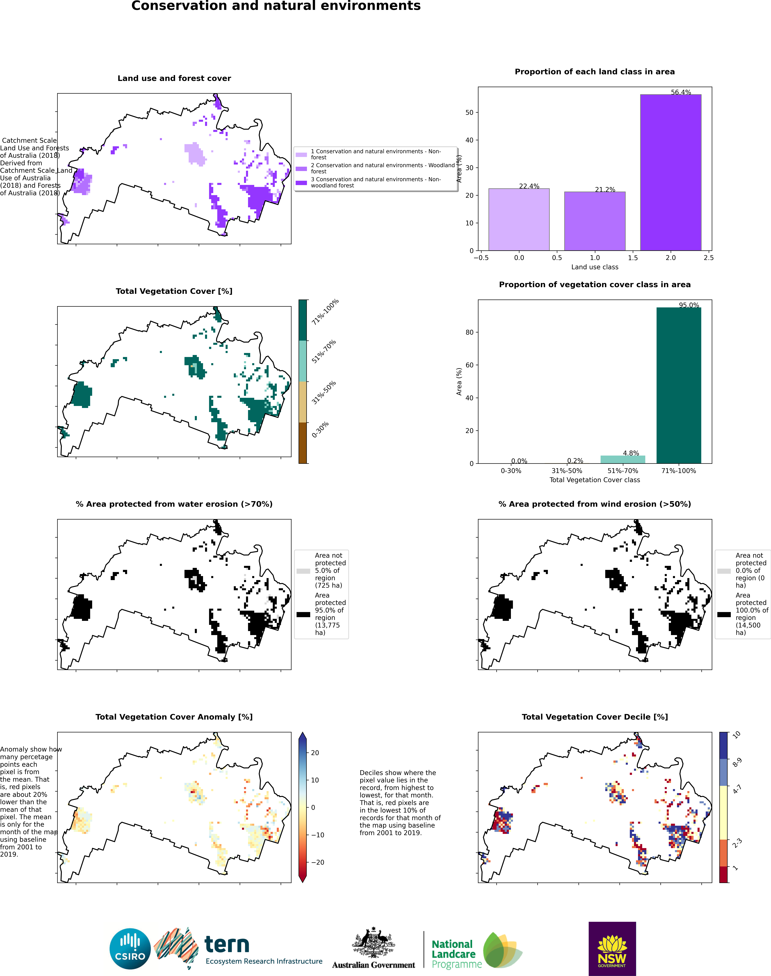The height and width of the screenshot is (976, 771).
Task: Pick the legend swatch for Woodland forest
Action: point(301,169)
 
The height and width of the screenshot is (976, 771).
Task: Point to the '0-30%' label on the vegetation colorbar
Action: point(320,430)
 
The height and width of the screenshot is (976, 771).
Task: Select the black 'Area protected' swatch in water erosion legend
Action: point(303,614)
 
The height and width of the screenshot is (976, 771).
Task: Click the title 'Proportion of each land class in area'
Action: point(595,72)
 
